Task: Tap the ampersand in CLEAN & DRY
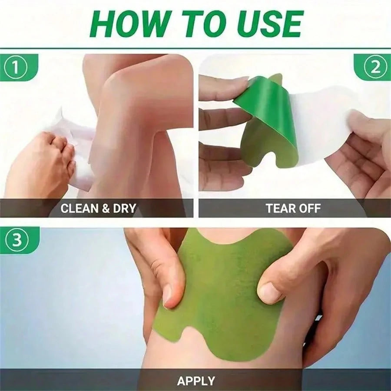coord(106,208)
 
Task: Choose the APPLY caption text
coord(196,381)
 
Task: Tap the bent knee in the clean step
coord(130,87)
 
